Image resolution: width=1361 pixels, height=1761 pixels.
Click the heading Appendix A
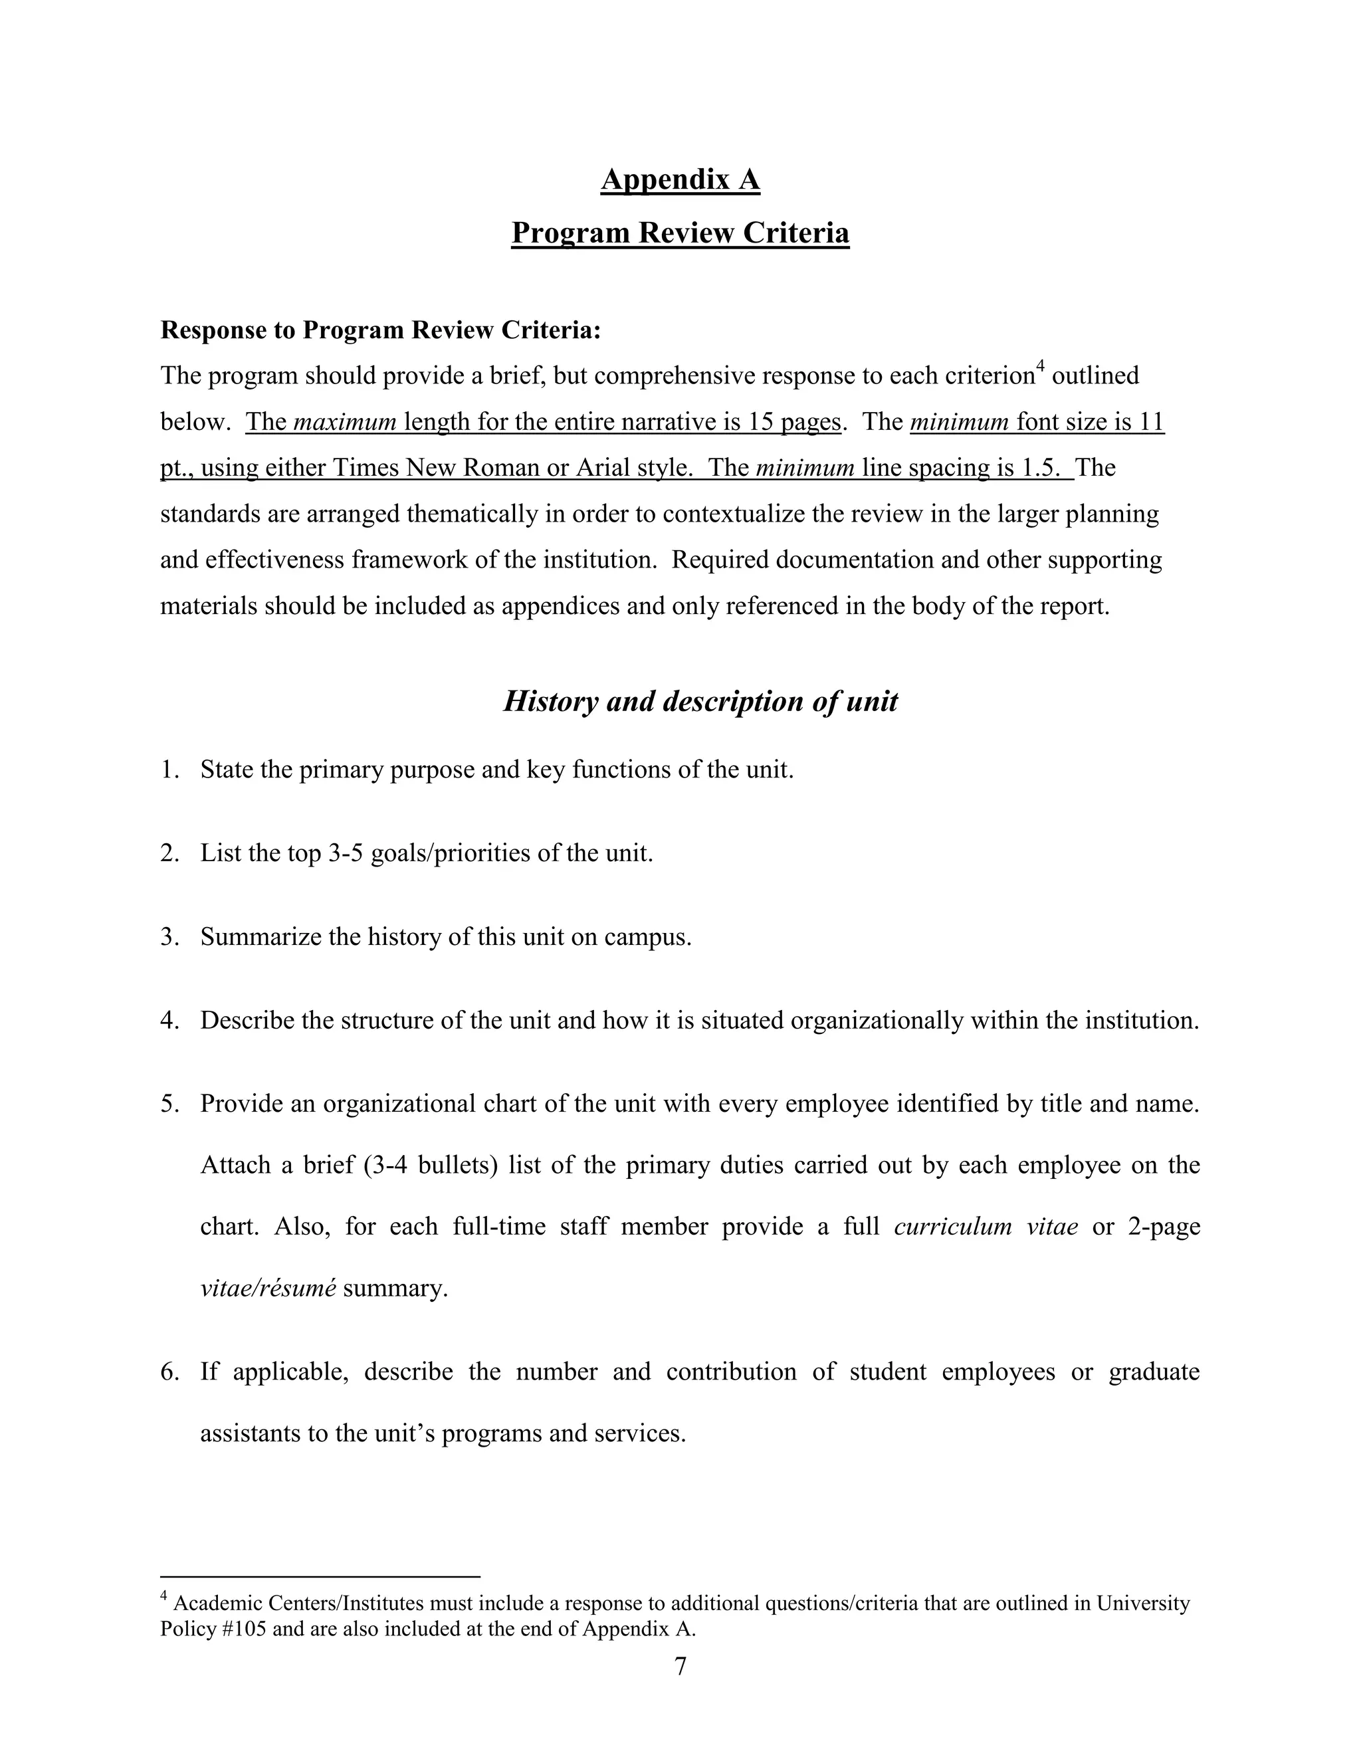[x=680, y=179]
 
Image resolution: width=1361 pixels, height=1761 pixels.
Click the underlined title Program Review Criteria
[x=680, y=233]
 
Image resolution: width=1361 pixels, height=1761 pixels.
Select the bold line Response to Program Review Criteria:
[x=381, y=330]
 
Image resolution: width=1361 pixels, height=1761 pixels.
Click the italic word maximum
[x=346, y=422]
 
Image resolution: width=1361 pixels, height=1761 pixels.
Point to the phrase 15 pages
[x=794, y=422]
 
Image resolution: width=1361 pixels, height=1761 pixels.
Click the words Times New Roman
[x=435, y=468]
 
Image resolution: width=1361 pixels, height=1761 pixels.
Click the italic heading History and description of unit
[x=700, y=700]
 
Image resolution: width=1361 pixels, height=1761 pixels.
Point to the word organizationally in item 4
[x=877, y=1021]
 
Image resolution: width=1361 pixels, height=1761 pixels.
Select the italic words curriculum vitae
[x=986, y=1227]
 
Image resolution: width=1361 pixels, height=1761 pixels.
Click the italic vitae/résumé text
[x=268, y=1288]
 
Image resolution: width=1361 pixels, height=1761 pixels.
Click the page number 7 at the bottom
[x=680, y=1666]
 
